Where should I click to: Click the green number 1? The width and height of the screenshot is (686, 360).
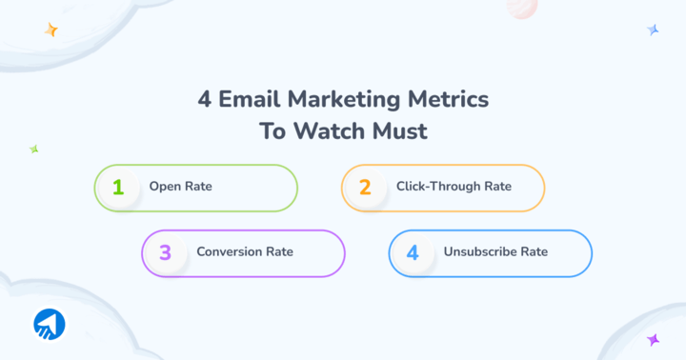118,187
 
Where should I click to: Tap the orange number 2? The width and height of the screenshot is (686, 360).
365,187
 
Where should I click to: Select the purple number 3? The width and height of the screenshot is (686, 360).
165,252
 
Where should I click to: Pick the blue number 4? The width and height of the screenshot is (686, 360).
413,252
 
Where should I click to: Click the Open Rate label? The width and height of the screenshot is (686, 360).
180,187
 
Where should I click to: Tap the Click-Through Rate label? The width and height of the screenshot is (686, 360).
454,187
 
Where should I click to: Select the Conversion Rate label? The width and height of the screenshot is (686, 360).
245,252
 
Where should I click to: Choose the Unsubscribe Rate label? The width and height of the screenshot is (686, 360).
495,252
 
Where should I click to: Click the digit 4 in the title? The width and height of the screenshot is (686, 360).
203,100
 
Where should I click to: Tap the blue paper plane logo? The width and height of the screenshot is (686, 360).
49,324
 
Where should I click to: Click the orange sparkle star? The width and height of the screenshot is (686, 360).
51,30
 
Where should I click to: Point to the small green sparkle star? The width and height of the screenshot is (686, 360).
33,150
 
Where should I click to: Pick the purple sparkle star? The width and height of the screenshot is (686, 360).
654,339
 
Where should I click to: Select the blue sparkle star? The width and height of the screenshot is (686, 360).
654,30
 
